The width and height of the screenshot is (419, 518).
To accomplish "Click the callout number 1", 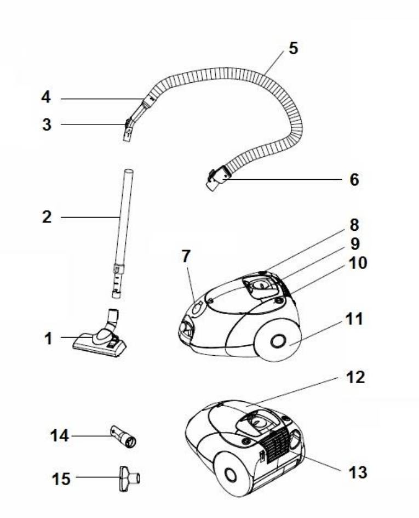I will (49, 339).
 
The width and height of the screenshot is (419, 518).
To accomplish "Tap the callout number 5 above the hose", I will (294, 48).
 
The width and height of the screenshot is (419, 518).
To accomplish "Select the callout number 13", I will (358, 472).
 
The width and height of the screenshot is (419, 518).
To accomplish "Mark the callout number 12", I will (355, 378).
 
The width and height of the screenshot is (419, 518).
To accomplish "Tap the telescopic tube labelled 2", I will (122, 230).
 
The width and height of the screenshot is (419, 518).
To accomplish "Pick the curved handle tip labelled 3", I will (128, 130).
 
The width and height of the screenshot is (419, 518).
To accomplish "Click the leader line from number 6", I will (285, 179).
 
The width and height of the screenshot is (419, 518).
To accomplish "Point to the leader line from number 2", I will (90, 218).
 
